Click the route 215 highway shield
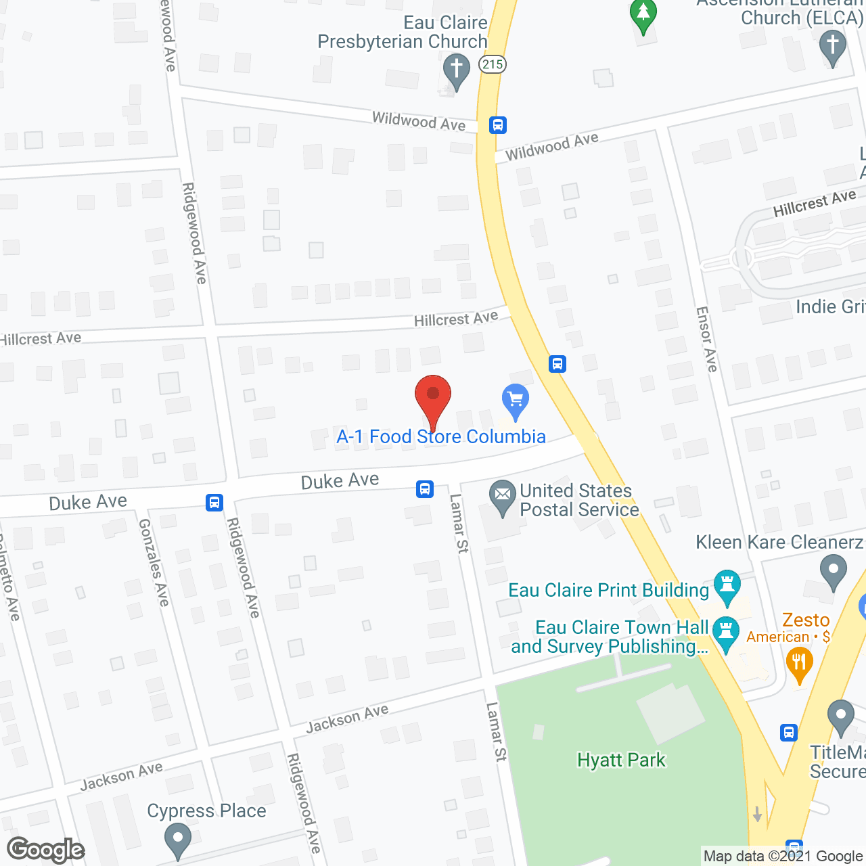pyautogui.click(x=493, y=64)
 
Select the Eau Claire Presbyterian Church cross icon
pyautogui.click(x=457, y=70)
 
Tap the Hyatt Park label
pyautogui.click(x=621, y=760)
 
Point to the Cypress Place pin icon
pyautogui.click(x=177, y=839)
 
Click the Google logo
pyautogui.click(x=46, y=850)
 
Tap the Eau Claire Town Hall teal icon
pyautogui.click(x=726, y=633)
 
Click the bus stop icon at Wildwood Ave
pyautogui.click(x=498, y=125)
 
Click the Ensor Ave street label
pyautogui.click(x=707, y=339)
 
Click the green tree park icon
pyautogui.click(x=643, y=14)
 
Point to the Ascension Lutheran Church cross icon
pyautogui.click(x=832, y=47)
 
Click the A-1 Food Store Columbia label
pyautogui.click(x=441, y=436)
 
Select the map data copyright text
pyautogui.click(x=783, y=856)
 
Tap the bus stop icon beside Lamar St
pyautogui.click(x=425, y=488)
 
